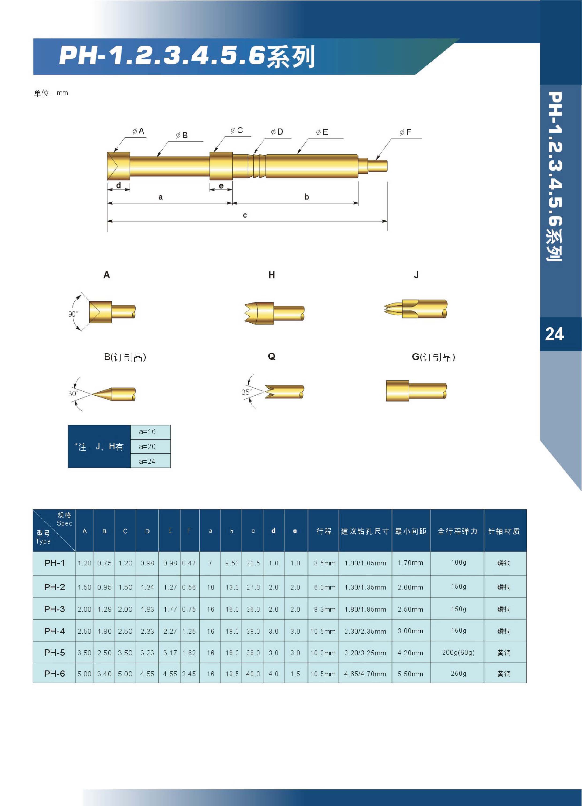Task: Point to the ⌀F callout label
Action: point(405,132)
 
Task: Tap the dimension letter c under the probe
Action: point(245,215)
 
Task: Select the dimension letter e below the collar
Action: point(221,186)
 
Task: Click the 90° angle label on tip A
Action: point(72,314)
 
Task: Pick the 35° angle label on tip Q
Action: point(246,392)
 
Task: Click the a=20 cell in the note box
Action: point(147,446)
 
